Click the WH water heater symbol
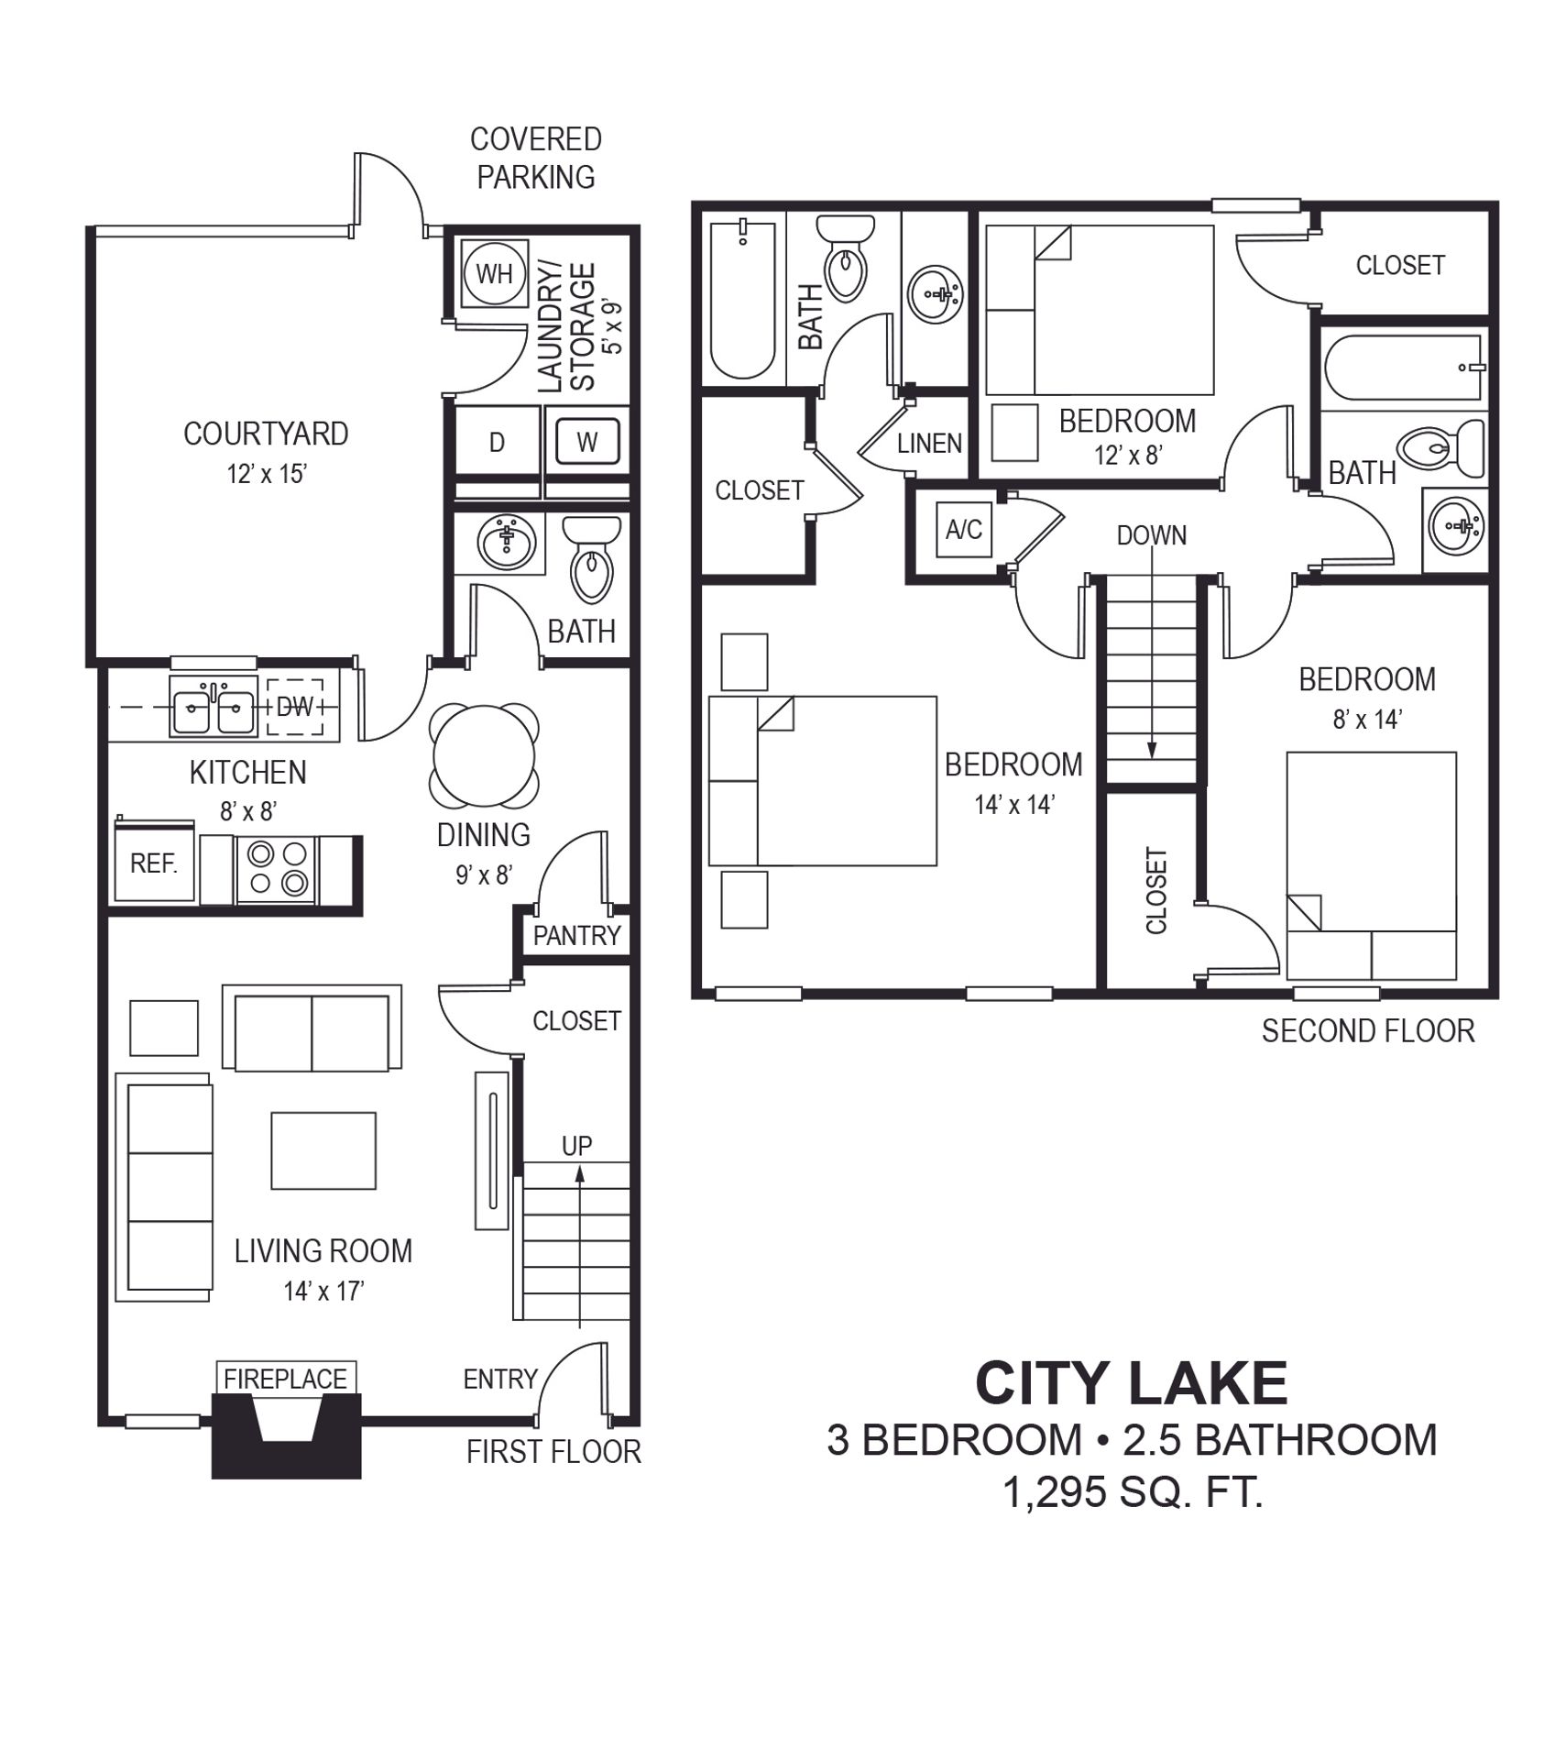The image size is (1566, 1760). pos(494,273)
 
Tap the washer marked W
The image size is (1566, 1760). pos(586,442)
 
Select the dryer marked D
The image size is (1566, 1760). pos(496,442)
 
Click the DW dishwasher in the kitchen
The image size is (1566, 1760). pos(294,707)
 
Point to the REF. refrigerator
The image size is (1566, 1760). pos(154,862)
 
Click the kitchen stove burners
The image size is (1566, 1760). pos(277,868)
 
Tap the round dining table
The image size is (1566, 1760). pos(484,754)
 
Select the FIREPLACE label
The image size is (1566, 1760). pos(285,1379)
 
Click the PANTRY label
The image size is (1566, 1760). pos(576,936)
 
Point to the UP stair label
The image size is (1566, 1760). pos(576,1146)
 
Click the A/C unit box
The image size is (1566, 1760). pos(963,529)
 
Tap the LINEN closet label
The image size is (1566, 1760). pos(929,444)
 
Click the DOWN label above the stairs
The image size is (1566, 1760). pos(1151,535)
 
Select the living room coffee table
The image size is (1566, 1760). pos(323,1150)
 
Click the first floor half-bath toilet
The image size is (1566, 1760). pos(591,558)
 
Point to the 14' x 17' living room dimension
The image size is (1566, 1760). pos(323,1292)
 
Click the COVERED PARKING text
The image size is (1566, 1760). pos(536,158)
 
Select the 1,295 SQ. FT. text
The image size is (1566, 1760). pos(1133,1492)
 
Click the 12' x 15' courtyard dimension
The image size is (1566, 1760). pos(267,474)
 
